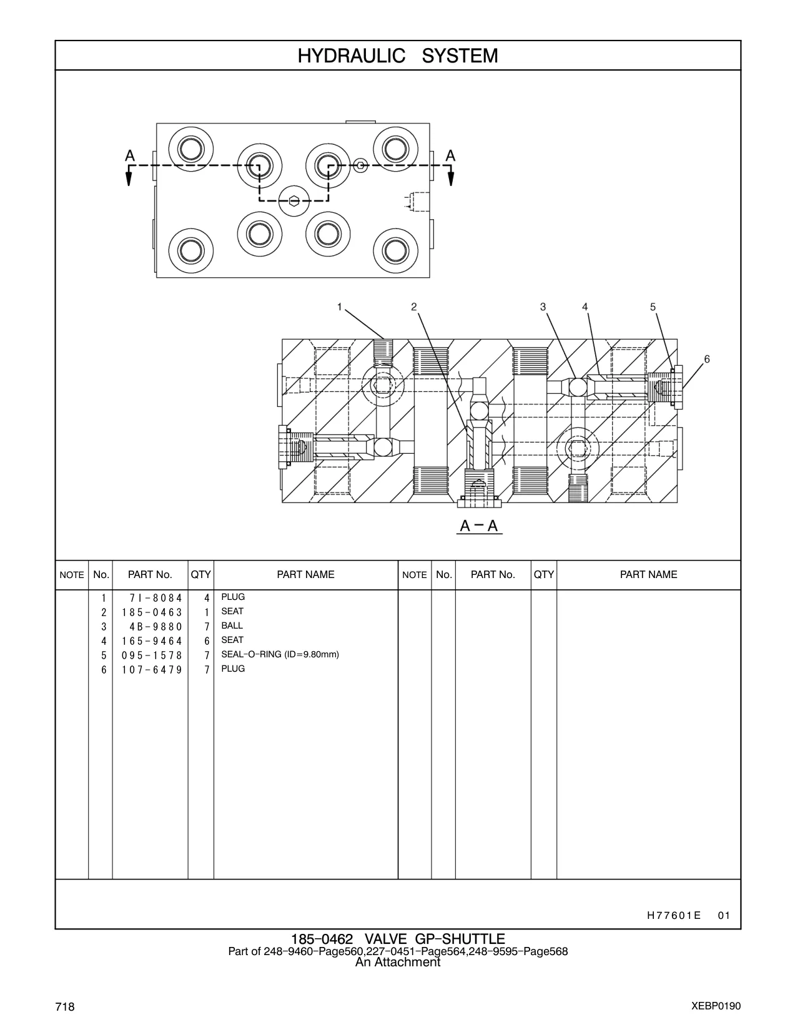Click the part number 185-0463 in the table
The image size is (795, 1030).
coord(152,612)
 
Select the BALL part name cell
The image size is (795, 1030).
coord(232,625)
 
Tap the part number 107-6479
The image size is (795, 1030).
coord(152,670)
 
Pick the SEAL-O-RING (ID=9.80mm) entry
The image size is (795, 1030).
coord(280,655)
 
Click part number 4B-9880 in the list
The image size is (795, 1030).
coord(156,627)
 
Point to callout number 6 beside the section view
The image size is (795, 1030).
coord(707,360)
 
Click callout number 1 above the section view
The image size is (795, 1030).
coord(340,307)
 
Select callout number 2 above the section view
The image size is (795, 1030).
coord(414,307)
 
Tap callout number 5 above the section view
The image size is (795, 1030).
coord(653,307)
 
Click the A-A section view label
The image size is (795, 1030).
coord(479,526)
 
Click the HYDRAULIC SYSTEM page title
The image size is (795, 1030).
coord(398,56)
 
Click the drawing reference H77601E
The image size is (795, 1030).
coord(674,915)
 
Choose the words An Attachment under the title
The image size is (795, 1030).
coord(398,962)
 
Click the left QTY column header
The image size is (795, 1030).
coord(200,574)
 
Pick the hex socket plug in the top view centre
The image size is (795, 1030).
coord(294,200)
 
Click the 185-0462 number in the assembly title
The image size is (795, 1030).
coord(322,939)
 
